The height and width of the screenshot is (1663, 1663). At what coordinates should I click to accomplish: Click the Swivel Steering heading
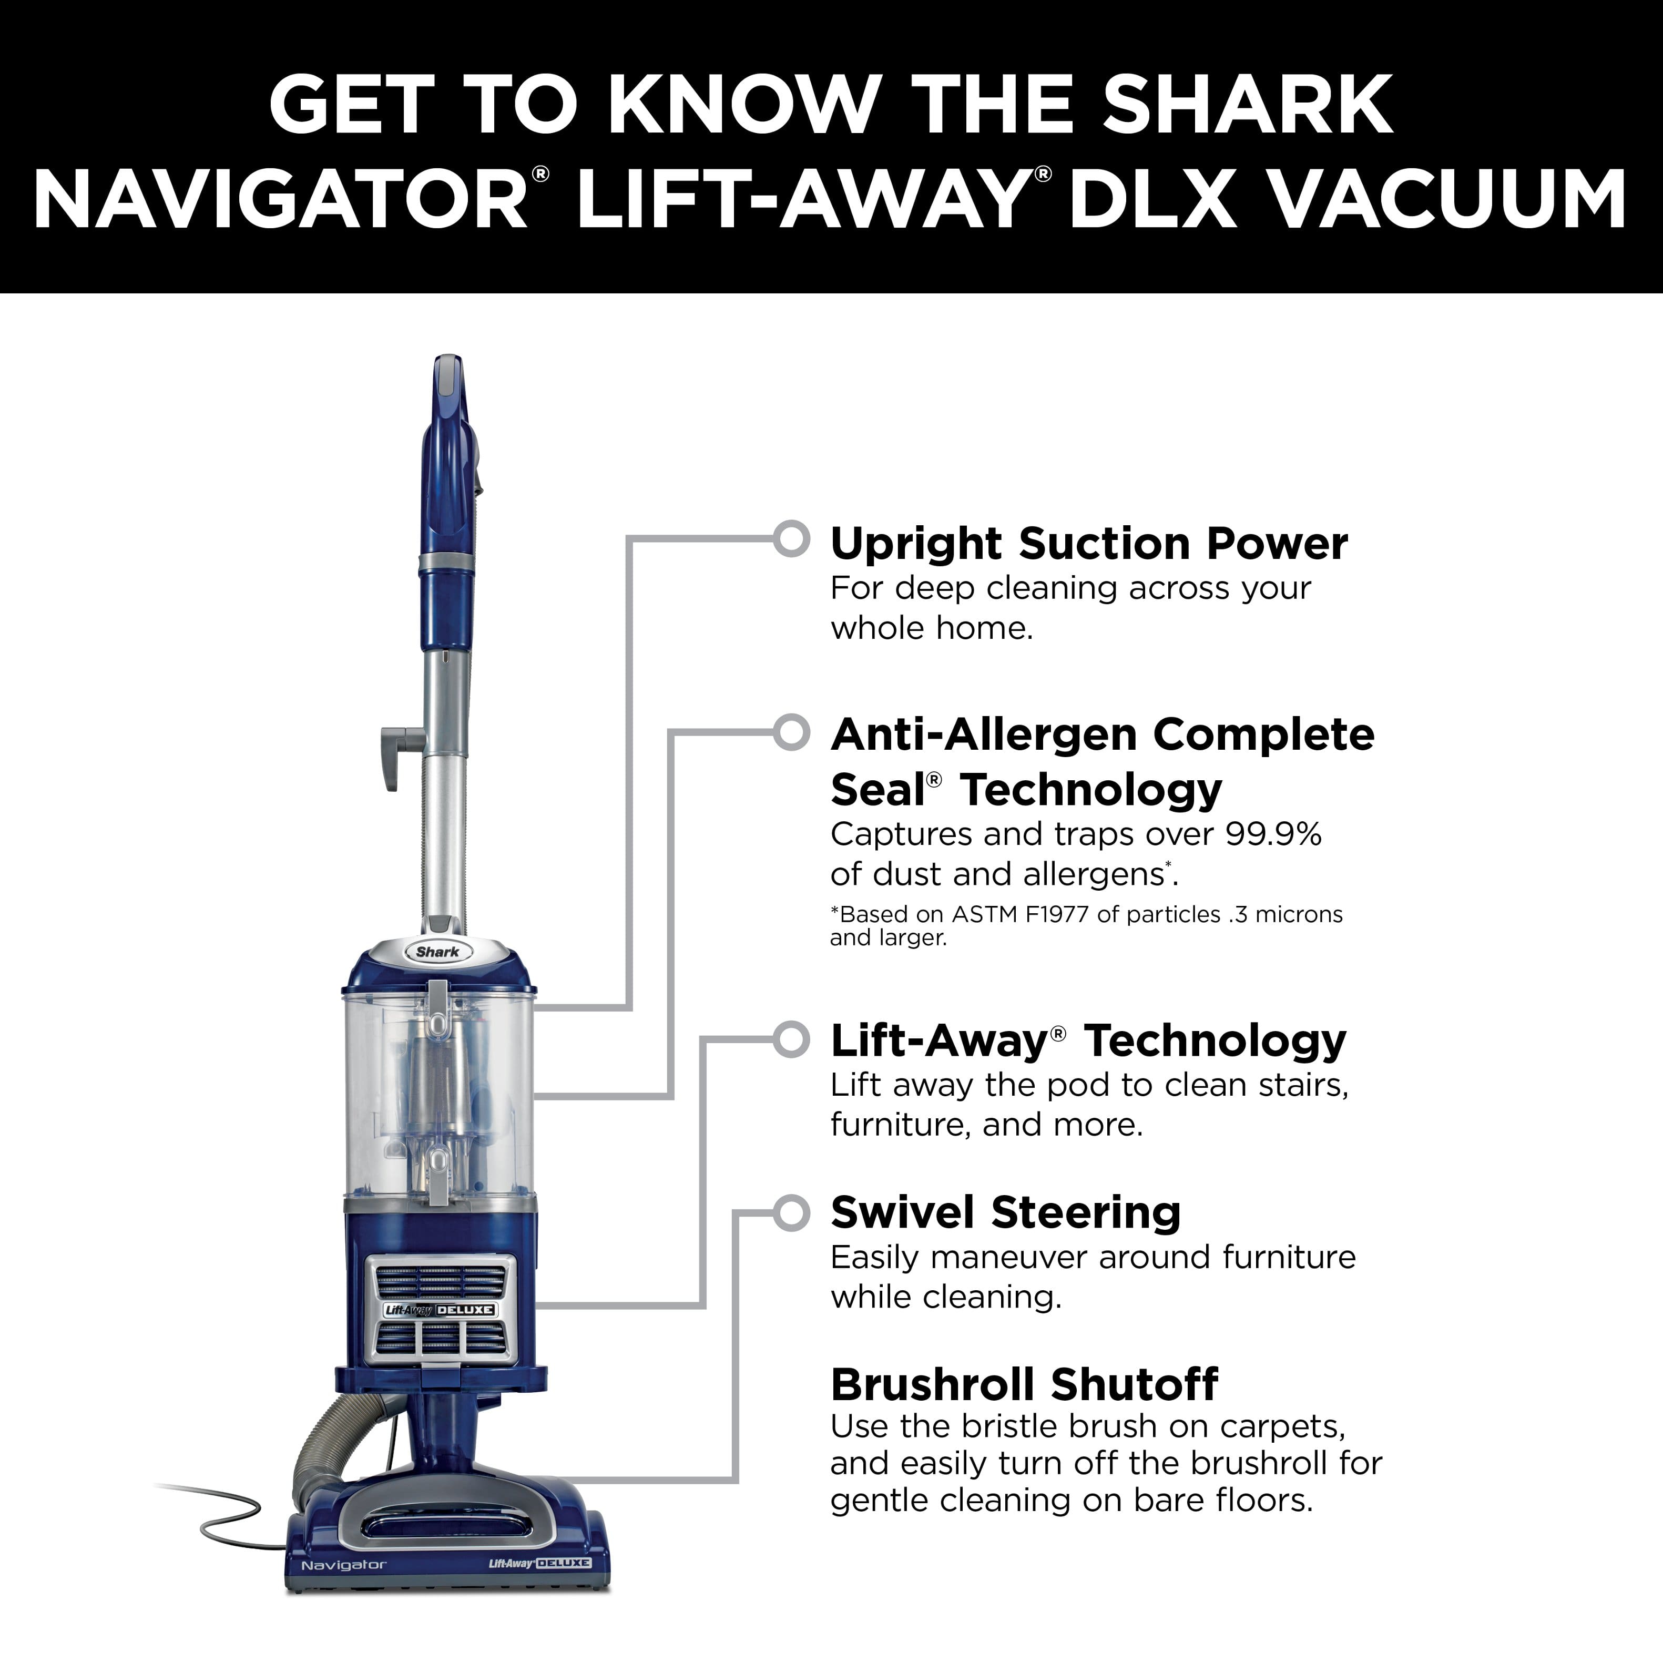coord(1005,1213)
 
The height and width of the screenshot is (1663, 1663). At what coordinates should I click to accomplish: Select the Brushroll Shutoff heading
coord(1024,1384)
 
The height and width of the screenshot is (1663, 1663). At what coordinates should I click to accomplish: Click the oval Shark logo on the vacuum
coord(437,951)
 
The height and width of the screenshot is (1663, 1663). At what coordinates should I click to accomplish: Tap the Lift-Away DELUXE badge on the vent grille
coord(439,1309)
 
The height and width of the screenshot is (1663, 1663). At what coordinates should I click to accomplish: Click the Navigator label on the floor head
coord(343,1565)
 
